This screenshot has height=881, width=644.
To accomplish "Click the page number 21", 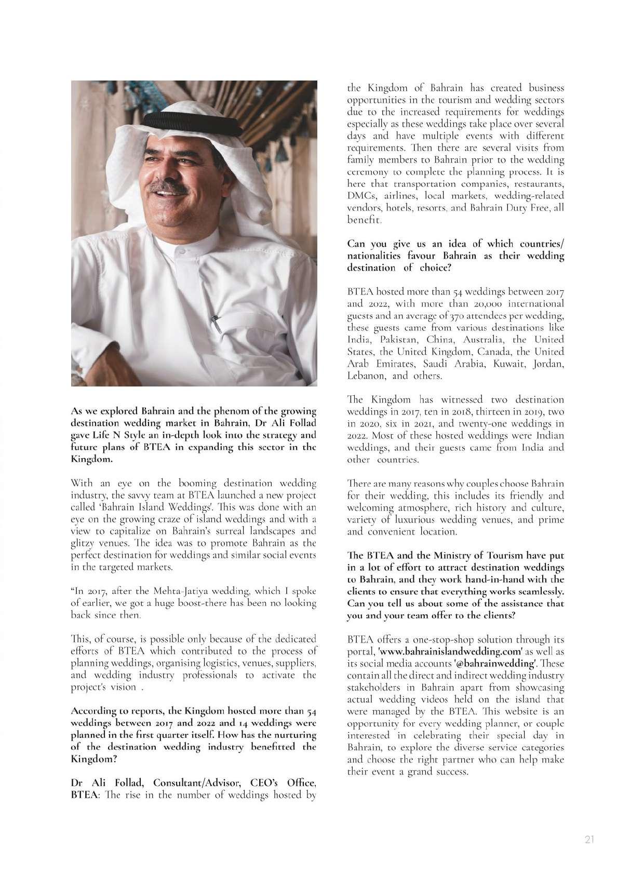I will [x=589, y=840].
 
